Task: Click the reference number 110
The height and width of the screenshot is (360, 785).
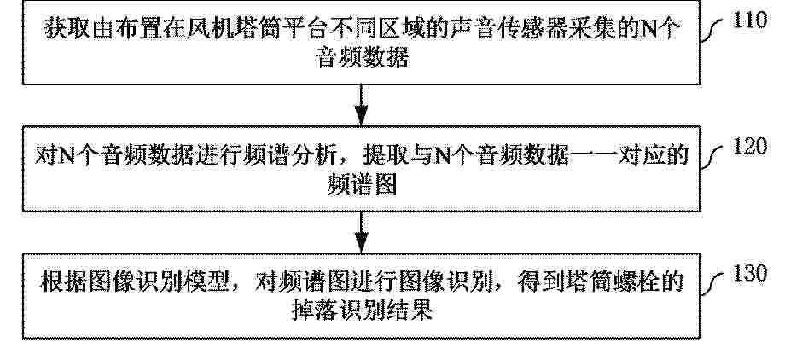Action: [x=749, y=20]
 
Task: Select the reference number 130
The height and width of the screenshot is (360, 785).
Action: [x=749, y=273]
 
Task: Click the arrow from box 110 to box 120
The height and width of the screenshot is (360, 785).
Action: [x=361, y=105]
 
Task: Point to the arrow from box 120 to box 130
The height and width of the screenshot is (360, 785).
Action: [x=361, y=232]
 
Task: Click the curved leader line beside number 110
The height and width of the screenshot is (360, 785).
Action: [x=712, y=30]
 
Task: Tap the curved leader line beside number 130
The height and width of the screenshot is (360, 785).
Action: [x=712, y=283]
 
